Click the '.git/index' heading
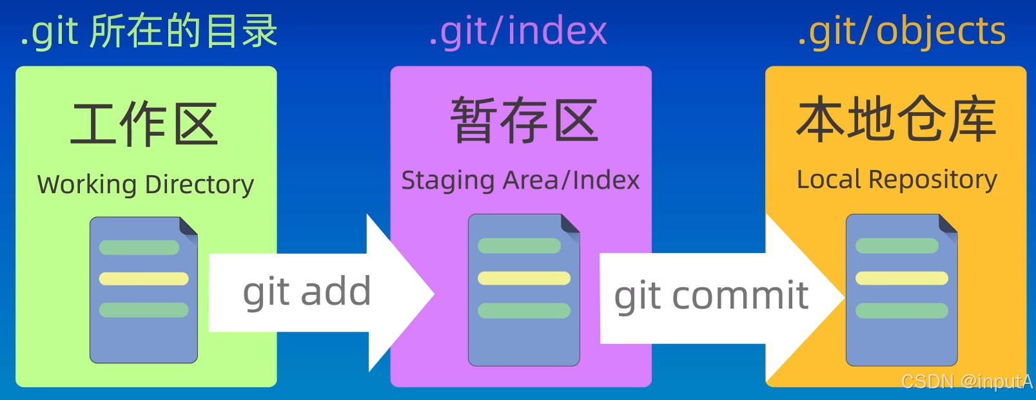[x=518, y=32]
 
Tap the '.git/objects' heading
[x=901, y=32]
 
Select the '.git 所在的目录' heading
[x=148, y=32]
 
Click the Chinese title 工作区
[x=144, y=124]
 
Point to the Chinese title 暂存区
[x=524, y=120]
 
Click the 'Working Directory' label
[x=146, y=184]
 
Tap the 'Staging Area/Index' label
[x=520, y=180]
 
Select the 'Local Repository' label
[x=897, y=179]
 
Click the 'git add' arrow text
[x=307, y=292]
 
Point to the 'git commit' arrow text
[x=711, y=296]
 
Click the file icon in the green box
[x=143, y=290]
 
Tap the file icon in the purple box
[x=523, y=290]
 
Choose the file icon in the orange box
[x=901, y=290]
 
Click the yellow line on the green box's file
[x=144, y=279]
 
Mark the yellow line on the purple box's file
[x=524, y=278]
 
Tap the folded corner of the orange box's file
[x=948, y=224]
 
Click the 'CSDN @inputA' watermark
[x=966, y=381]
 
